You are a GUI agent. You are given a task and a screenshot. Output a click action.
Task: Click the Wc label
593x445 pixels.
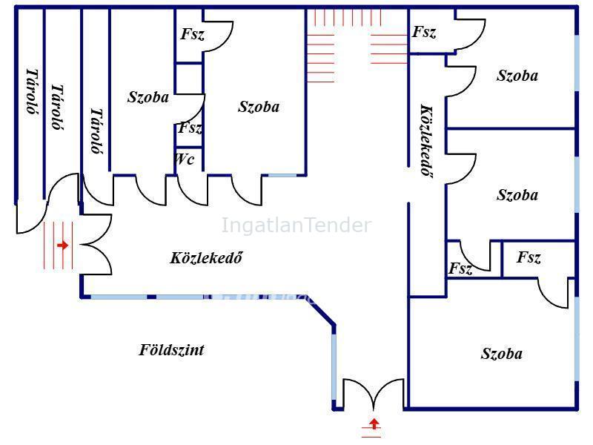tap(185, 159)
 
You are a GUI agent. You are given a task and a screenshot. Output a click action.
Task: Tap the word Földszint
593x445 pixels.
tap(172, 349)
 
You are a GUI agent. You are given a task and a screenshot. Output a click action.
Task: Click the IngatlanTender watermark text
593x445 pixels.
tap(296, 225)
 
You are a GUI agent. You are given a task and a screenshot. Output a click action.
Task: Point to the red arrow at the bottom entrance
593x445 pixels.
tap(374, 423)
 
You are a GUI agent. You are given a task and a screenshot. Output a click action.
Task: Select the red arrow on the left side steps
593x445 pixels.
tap(63, 245)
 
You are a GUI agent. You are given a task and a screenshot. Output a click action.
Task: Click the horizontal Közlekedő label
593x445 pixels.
tap(206, 257)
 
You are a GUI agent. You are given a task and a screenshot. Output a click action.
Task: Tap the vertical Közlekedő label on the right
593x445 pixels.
tap(427, 141)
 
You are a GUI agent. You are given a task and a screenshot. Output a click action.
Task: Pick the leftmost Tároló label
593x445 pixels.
tap(33, 91)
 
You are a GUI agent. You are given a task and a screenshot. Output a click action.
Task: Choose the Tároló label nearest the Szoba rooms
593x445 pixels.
tap(97, 131)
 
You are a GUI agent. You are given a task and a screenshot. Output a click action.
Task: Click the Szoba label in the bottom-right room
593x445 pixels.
tap(502, 354)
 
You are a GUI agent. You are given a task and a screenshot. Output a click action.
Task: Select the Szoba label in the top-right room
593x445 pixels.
tap(517, 76)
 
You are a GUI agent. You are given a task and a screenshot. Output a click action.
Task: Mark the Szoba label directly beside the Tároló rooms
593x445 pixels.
tap(148, 97)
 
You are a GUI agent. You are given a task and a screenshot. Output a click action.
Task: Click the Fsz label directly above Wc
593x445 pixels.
tap(191, 128)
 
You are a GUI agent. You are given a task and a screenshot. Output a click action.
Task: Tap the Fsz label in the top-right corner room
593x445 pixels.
tap(424, 32)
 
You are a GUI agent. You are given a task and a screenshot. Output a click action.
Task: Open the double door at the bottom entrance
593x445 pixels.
tap(374, 395)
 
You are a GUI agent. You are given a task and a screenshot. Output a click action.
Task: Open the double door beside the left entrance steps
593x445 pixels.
tap(96, 245)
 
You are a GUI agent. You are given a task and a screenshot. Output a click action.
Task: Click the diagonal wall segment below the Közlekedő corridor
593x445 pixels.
tap(320, 310)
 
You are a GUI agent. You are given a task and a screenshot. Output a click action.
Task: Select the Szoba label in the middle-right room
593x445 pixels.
tap(517, 195)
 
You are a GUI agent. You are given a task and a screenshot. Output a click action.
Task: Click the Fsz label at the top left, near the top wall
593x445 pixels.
tap(193, 34)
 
